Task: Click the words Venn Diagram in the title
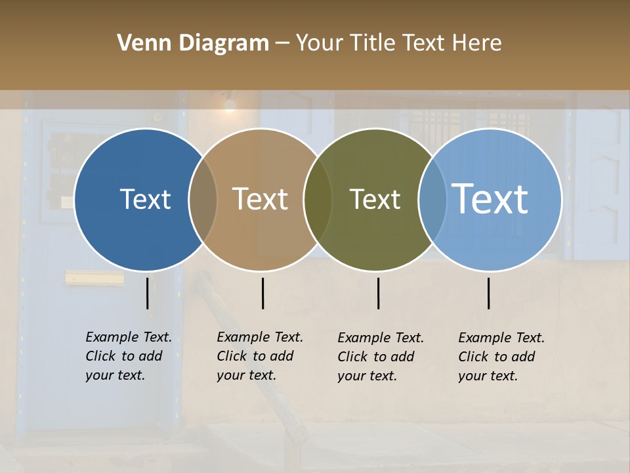(x=193, y=43)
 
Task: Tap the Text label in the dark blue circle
(x=145, y=199)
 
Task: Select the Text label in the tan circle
(x=261, y=199)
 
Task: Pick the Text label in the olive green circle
(x=375, y=199)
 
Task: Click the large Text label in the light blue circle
(x=490, y=199)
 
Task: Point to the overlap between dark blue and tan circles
(x=203, y=200)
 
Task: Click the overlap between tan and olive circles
(x=318, y=200)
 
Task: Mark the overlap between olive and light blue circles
(x=432, y=200)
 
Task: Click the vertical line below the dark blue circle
(x=148, y=293)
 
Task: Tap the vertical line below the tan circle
(x=262, y=293)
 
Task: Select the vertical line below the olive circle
(x=378, y=293)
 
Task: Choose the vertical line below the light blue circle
(x=489, y=293)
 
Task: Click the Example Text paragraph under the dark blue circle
(x=128, y=356)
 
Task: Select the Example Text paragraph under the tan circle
(x=259, y=356)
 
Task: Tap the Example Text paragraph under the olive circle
(x=380, y=357)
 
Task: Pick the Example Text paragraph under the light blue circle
(x=501, y=357)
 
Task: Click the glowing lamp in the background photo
(x=229, y=104)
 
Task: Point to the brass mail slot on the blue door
(x=94, y=279)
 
